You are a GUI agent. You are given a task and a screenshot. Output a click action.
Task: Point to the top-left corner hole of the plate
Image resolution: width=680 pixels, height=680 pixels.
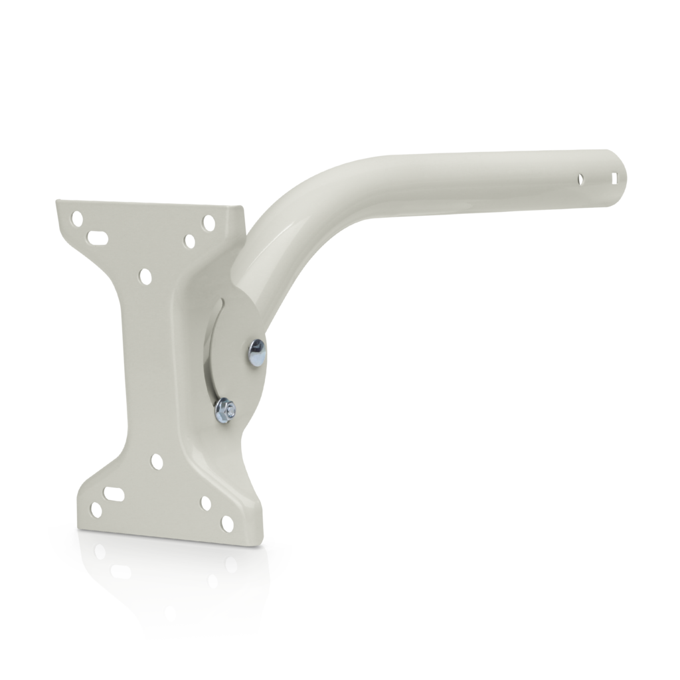point(78,217)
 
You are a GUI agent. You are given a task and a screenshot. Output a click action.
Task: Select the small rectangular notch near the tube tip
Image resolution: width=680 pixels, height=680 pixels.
point(617,178)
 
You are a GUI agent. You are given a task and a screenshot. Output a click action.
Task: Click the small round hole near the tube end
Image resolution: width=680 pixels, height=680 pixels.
point(580,177)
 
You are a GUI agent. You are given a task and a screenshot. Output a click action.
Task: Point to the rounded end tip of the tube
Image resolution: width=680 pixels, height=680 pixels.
point(626,174)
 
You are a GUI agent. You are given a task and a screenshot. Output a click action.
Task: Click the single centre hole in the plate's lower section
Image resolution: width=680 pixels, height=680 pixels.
point(156,460)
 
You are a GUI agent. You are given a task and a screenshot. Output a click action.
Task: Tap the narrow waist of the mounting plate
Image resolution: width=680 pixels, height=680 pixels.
point(146,365)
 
